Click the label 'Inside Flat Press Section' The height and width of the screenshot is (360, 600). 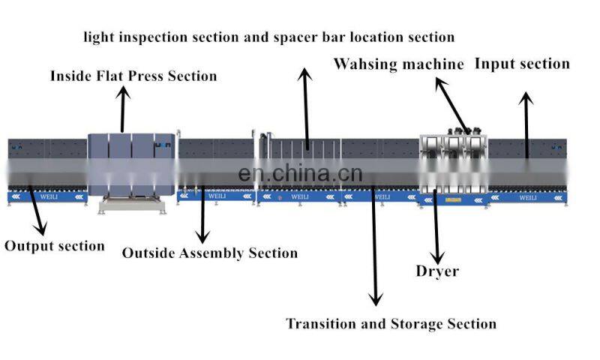[133, 76]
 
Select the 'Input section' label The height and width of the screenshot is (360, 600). [522, 64]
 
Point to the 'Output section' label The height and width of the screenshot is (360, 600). [55, 246]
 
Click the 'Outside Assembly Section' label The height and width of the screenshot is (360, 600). [210, 253]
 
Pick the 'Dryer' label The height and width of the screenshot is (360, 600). [437, 271]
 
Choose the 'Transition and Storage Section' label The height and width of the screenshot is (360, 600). [391, 324]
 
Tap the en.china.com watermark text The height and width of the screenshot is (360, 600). [300, 174]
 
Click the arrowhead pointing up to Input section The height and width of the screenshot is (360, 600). [527, 98]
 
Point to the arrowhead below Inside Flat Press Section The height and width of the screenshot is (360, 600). [124, 92]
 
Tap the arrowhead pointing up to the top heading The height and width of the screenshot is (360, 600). [304, 73]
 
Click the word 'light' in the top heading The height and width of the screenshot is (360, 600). [100, 36]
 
